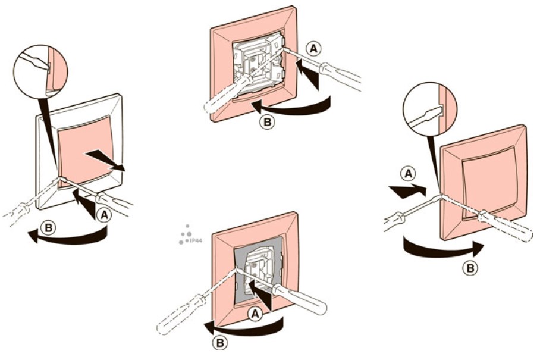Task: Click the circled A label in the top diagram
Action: click(313, 49)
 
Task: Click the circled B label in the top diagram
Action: click(268, 122)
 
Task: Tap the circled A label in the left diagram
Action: click(103, 215)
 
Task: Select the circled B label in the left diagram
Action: click(49, 228)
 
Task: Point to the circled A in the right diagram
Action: click(408, 174)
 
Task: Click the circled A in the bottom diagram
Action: click(255, 314)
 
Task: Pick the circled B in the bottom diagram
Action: click(219, 343)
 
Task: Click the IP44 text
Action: click(196, 240)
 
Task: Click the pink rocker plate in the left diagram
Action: click(84, 152)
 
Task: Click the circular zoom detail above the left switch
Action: click(40, 71)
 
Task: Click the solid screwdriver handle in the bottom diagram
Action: click(299, 299)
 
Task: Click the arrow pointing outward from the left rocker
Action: click(106, 160)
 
